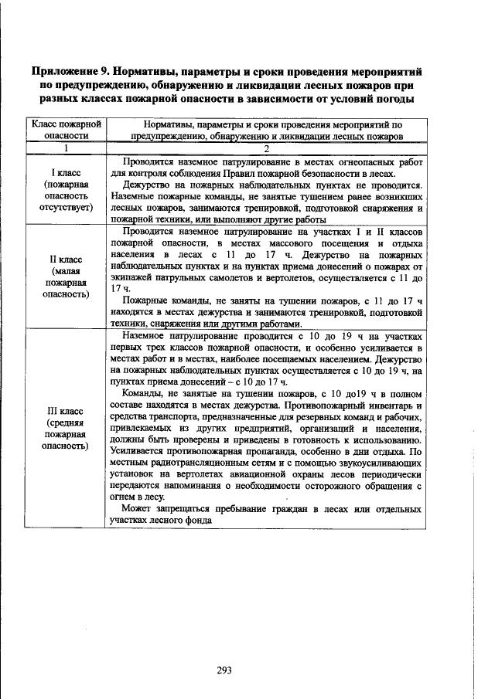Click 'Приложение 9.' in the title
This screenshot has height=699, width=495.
point(69,71)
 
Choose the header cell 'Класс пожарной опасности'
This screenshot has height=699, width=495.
point(67,129)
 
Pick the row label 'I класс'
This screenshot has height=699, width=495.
point(67,174)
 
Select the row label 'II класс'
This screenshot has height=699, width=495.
point(67,260)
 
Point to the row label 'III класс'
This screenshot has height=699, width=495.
point(67,411)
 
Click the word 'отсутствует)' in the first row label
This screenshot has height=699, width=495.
point(67,208)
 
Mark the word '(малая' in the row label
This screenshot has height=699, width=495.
point(67,271)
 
